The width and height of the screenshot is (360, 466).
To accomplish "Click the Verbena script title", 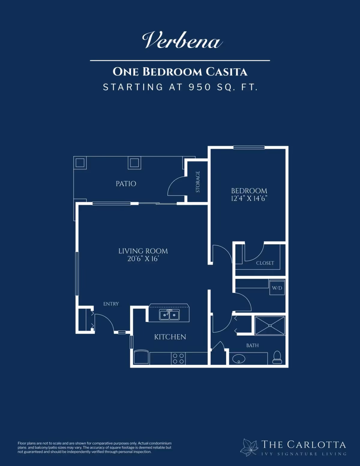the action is pyautogui.click(x=182, y=40).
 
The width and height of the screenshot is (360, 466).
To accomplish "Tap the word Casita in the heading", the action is pyautogui.click(x=226, y=72).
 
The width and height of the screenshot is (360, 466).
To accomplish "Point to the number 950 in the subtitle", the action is pyautogui.click(x=200, y=87).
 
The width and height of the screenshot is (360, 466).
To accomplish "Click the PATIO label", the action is pyautogui.click(x=126, y=184).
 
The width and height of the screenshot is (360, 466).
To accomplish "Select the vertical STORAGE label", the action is pyautogui.click(x=198, y=182).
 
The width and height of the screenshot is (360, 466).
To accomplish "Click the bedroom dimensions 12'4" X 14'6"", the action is pyautogui.click(x=249, y=198).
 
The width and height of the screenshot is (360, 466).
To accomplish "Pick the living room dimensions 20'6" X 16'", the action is pyautogui.click(x=143, y=259).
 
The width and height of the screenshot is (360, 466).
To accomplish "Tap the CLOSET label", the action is pyautogui.click(x=265, y=263).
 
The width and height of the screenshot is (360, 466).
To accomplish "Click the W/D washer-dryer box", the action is pyautogui.click(x=277, y=287).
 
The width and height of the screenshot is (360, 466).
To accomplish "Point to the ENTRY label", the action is pyautogui.click(x=111, y=304).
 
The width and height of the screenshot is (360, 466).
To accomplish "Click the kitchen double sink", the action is pyautogui.click(x=169, y=315).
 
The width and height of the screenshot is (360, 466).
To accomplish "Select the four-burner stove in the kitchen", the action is pyautogui.click(x=178, y=359).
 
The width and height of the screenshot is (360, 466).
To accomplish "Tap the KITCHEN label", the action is pyautogui.click(x=170, y=337).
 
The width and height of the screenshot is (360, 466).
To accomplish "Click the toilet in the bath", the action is pyautogui.click(x=277, y=357).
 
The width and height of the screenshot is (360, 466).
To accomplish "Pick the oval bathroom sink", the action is pyautogui.click(x=238, y=359).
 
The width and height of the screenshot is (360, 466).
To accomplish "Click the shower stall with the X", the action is pyautogui.click(x=270, y=325).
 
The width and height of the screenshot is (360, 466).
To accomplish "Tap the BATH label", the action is pyautogui.click(x=252, y=345).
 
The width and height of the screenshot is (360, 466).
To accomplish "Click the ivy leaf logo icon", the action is pyautogui.click(x=249, y=447).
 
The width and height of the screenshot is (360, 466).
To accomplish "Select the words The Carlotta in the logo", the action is pyautogui.click(x=304, y=444).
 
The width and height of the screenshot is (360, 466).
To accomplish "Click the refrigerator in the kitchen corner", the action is pyautogui.click(x=141, y=357).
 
